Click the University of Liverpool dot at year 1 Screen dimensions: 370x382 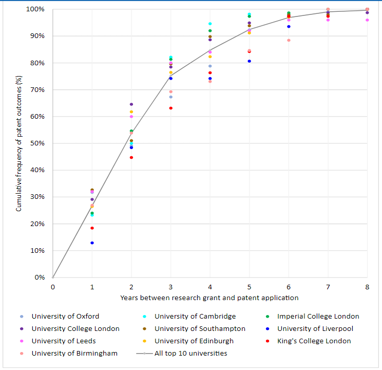(92, 243)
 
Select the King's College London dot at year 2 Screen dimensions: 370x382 (131, 157)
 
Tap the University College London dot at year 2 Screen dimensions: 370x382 (131, 104)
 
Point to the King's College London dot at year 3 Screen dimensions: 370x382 (171, 108)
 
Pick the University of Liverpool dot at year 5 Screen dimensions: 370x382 (250, 61)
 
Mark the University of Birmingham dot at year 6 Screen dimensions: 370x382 (289, 40)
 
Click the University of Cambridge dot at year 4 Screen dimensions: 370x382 (210, 24)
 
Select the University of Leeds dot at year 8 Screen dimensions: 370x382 (367, 20)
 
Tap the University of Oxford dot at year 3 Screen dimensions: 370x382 (171, 97)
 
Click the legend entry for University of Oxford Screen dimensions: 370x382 (65, 316)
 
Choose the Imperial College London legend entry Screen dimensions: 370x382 (318, 316)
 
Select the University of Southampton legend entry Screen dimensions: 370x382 (200, 328)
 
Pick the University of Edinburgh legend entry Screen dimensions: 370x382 (194, 341)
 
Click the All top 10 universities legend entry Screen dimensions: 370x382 (190, 353)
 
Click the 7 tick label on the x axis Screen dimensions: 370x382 (328, 287)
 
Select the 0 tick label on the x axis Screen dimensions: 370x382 (52, 287)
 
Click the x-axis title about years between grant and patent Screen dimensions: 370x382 (209, 298)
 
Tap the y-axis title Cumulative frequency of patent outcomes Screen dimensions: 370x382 (18, 144)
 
